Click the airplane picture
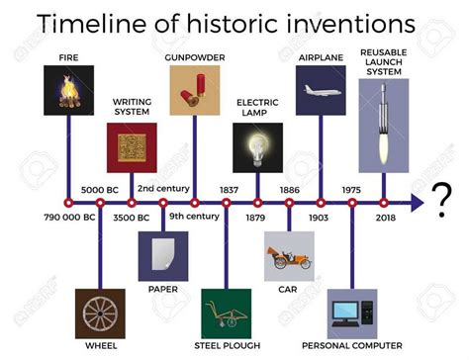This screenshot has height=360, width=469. pos(321,90)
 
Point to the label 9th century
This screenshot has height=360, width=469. pos(194,217)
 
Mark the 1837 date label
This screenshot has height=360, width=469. pos(226,188)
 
